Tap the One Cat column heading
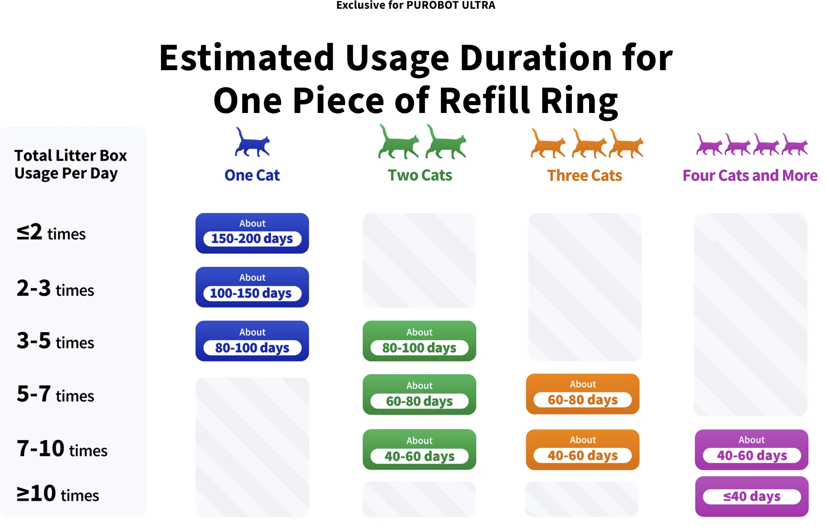252,175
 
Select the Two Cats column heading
420,175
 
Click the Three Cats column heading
584,176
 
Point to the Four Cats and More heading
750,176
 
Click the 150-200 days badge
252,233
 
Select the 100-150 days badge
252,287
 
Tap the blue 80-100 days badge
252,341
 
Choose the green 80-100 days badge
419,341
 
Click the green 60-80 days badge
419,394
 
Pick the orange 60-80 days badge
582,394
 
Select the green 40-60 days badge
419,450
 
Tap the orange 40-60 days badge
582,450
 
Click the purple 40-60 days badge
752,450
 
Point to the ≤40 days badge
752,496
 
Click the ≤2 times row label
51,232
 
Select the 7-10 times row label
62,449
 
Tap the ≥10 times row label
58,494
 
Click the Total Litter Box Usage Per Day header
70,164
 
